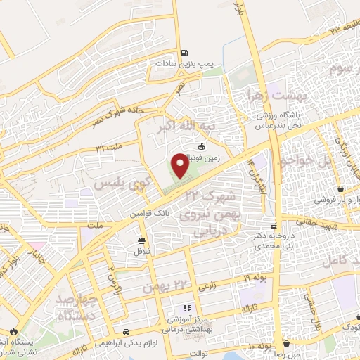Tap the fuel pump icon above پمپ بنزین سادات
tap(184, 53)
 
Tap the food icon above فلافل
tap(141, 240)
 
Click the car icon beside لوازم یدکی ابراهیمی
tap(124, 331)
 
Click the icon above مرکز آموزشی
tap(186, 308)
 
